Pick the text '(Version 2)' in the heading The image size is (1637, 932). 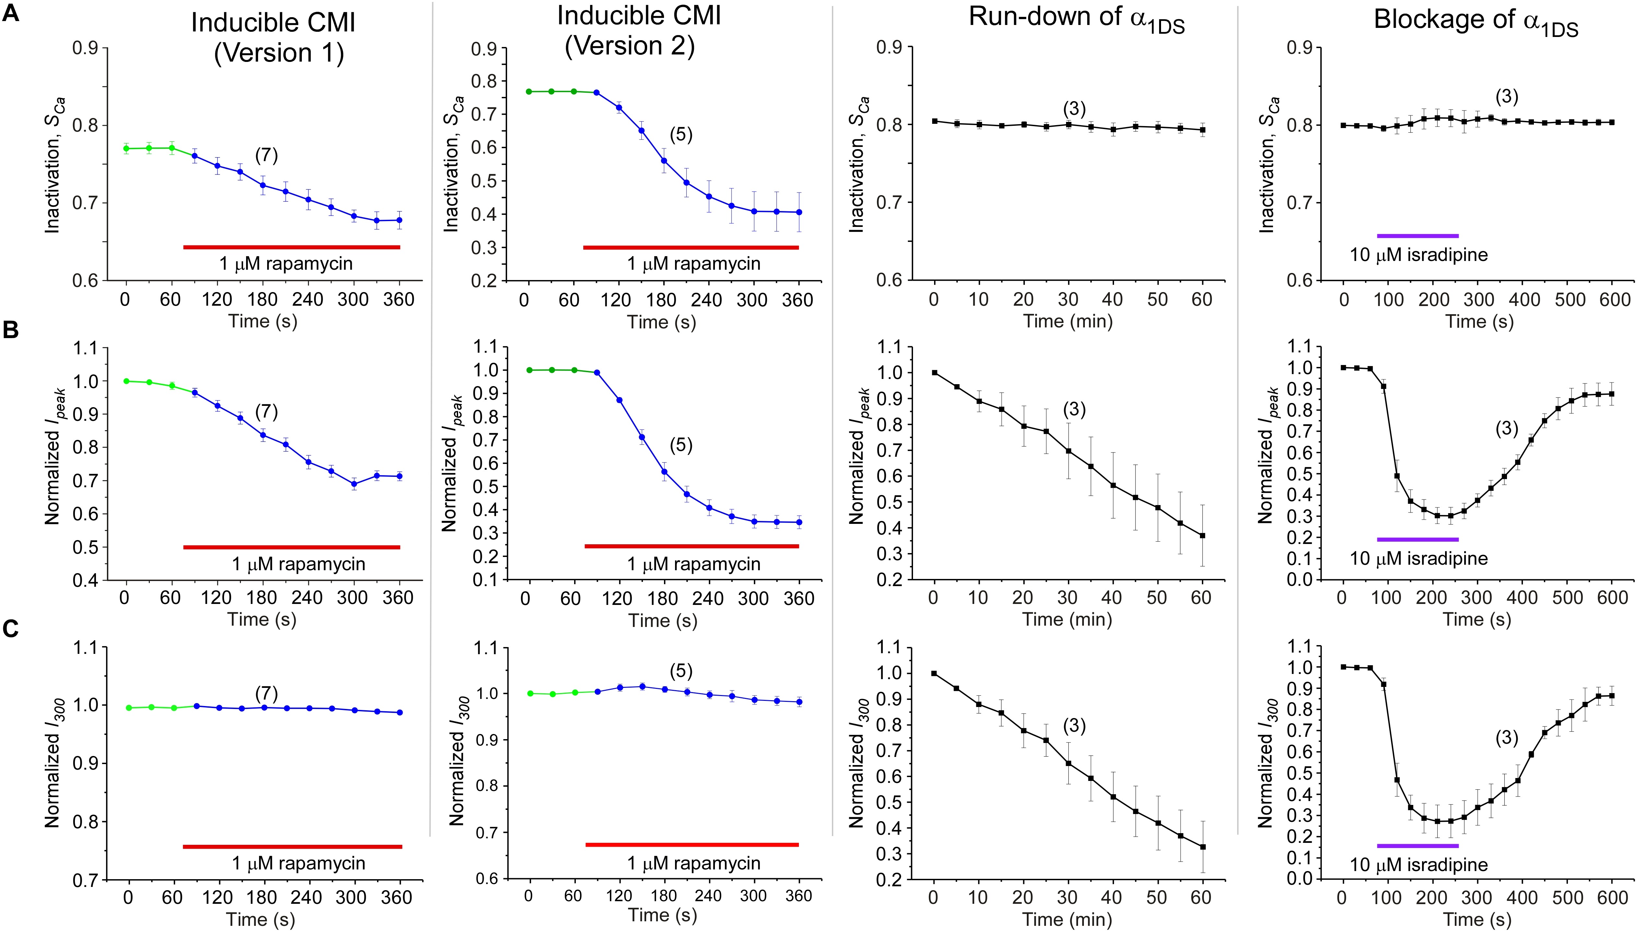click(x=629, y=46)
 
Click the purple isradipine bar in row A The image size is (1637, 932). click(x=1418, y=236)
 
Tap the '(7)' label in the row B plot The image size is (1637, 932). click(x=266, y=412)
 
